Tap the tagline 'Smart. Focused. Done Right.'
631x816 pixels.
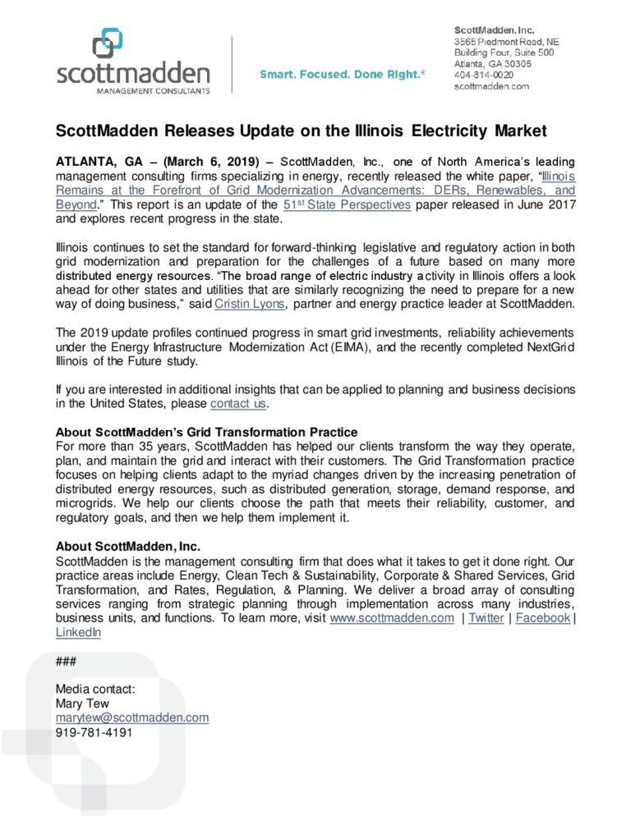coord(342,74)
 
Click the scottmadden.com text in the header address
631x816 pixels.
coord(491,85)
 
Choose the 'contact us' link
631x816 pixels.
coord(239,404)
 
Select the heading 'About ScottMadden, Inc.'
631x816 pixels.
coord(128,546)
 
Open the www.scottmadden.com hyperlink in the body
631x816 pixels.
coord(391,618)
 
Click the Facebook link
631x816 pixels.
coord(542,618)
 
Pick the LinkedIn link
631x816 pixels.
coord(78,632)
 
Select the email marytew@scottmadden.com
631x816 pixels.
coord(131,717)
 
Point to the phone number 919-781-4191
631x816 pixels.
coord(94,732)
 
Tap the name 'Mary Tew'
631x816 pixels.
coord(81,704)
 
